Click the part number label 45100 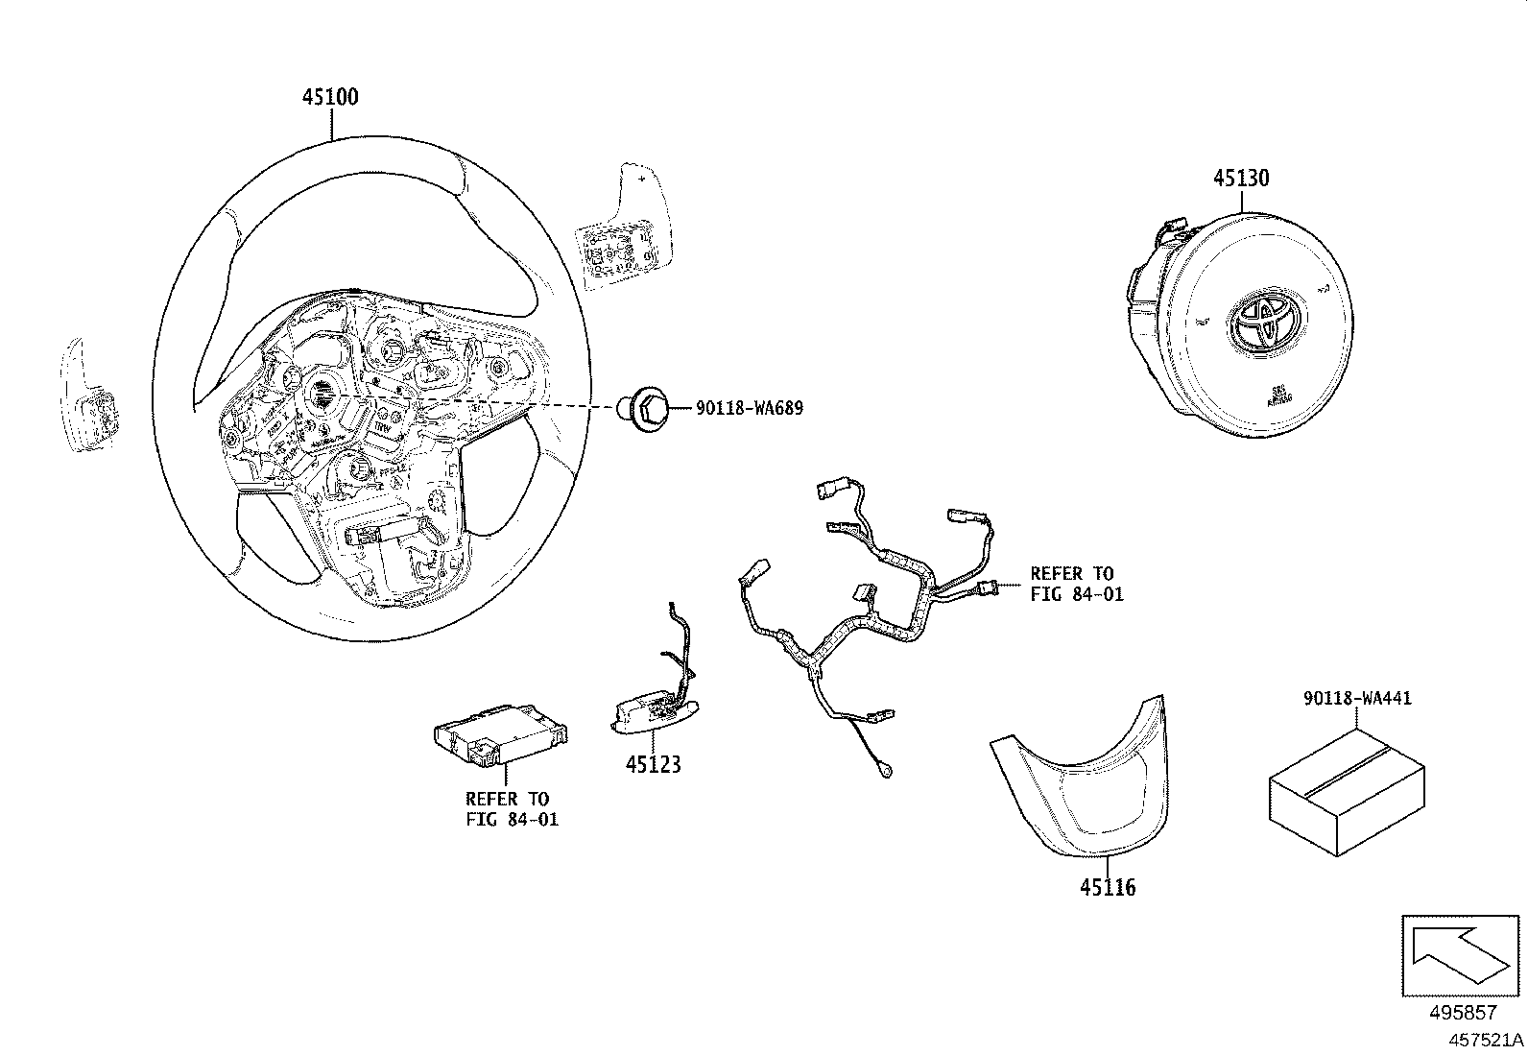point(330,97)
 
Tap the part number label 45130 point(1240,179)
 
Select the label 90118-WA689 point(749,409)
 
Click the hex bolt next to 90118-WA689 point(649,410)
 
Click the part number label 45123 point(654,765)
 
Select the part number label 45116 point(1107,888)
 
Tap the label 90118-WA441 point(1357,699)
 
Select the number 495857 point(1461,1013)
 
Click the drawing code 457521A point(1486,1040)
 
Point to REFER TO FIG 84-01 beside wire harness point(1076,584)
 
